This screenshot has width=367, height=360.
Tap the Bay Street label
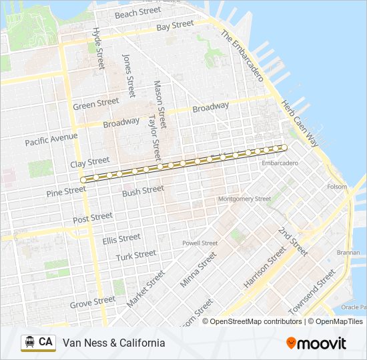coord(175,26)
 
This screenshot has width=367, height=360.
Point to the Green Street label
coord(95,105)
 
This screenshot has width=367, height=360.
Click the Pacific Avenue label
coord(51,139)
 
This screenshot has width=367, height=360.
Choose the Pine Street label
coord(66,191)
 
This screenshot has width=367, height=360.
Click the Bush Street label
coord(143,190)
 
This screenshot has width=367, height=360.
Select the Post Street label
coord(93,217)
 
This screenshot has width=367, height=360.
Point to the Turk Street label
coord(135,255)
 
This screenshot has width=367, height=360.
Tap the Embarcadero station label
coord(279,163)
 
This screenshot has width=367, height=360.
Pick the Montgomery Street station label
coord(245,199)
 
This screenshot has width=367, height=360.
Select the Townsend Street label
coord(314,293)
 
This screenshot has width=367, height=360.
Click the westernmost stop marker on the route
coord(83,180)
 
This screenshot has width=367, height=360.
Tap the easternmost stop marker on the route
coord(284,147)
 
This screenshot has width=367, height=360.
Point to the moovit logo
coord(316,343)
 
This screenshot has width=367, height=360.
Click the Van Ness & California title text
coord(113,343)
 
